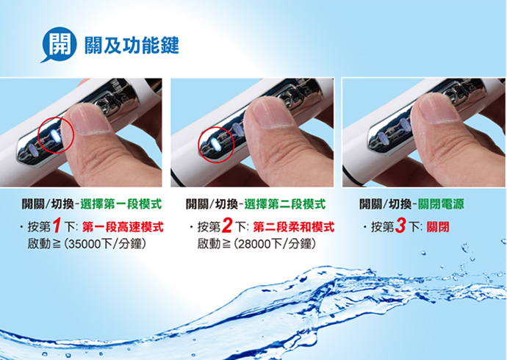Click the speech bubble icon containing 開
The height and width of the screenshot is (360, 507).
pyautogui.click(x=60, y=44)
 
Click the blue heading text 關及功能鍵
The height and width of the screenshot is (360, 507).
pyautogui.click(x=132, y=46)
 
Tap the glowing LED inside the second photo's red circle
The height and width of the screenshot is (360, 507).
pyautogui.click(x=215, y=145)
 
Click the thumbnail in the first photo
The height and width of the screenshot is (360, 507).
pyautogui.click(x=90, y=118)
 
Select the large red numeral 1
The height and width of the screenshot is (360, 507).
pyautogui.click(x=57, y=226)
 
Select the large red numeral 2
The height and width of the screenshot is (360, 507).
pyautogui.click(x=226, y=226)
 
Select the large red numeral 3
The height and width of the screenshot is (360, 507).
pyautogui.click(x=400, y=226)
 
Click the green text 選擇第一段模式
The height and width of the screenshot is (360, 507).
pyautogui.click(x=121, y=204)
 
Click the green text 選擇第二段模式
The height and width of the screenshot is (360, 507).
pyautogui.click(x=285, y=204)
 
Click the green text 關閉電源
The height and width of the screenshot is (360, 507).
pyautogui.click(x=441, y=204)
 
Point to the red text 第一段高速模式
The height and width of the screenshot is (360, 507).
pyautogui.click(x=123, y=227)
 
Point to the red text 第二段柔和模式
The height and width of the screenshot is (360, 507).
pyautogui.click(x=294, y=227)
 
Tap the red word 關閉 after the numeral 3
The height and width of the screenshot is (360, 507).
pyautogui.click(x=438, y=227)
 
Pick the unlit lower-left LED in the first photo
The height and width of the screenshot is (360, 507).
pyautogui.click(x=32, y=150)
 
